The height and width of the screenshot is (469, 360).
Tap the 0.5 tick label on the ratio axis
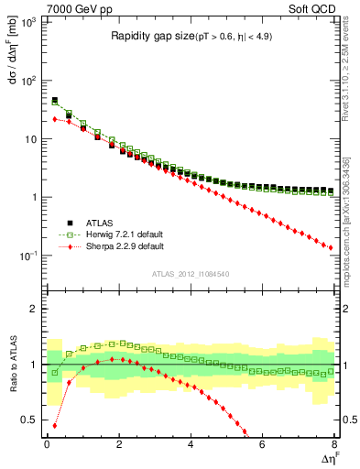pyautogui.click(x=30, y=420)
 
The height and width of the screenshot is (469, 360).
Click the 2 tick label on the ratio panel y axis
pyautogui.click(x=35, y=309)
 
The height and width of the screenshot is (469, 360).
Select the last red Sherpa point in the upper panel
pyautogui.click(x=331, y=247)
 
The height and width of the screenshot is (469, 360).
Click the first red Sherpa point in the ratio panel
pyautogui.click(x=54, y=425)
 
